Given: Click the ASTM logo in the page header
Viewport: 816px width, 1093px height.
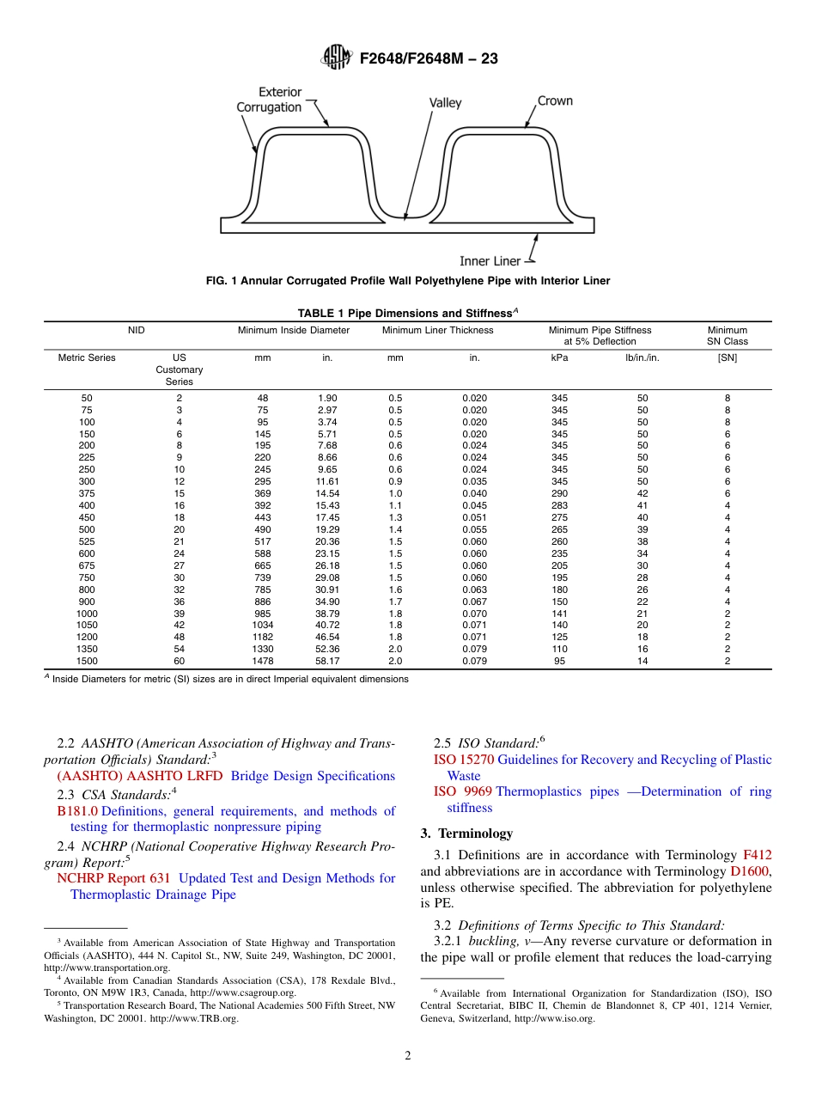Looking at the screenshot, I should pos(336,58).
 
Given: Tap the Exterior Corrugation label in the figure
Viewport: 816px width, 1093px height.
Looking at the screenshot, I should pos(269,99).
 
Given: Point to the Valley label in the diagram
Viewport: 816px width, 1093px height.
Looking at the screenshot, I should pos(445,103).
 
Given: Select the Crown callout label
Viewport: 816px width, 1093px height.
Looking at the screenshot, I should pos(554,101).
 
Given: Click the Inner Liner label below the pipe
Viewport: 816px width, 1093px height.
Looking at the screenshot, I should pos(490,260).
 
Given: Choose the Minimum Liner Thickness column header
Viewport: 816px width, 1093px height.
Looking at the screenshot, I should pos(437,330).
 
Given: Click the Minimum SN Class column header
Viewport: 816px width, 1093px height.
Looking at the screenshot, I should pos(727,335).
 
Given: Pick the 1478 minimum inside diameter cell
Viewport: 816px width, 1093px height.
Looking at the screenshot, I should pos(263,661).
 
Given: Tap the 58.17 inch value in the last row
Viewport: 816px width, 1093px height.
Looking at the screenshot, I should pos(327,661).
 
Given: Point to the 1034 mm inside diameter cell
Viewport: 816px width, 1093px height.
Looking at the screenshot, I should pos(263,625).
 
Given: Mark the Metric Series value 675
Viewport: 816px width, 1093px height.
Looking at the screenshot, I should pos(87,565).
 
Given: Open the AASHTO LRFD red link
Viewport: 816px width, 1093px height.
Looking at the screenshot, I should pos(140,776).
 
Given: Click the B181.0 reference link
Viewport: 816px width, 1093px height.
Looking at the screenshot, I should pos(76,810).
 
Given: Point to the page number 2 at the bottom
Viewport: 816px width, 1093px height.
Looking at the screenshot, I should pos(408,1056).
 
